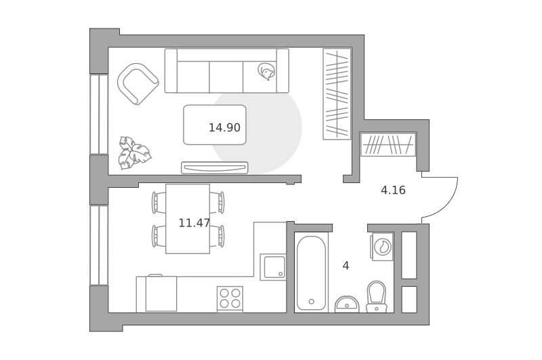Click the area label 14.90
click(224, 127)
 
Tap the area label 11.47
click(194, 223)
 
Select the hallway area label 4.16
click(393, 191)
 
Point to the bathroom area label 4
click(346, 266)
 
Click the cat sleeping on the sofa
click(266, 71)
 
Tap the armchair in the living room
click(138, 83)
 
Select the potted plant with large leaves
click(134, 153)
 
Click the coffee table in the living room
click(215, 125)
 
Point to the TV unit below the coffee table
click(215, 167)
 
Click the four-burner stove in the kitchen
click(230, 299)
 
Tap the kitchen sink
click(273, 267)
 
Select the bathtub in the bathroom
click(311, 273)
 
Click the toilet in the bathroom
click(376, 297)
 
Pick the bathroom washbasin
click(347, 304)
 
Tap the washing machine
click(383, 247)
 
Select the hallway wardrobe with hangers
click(388, 144)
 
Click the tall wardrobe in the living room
click(337, 94)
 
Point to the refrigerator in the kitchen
click(161, 294)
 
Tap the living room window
click(99, 114)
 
